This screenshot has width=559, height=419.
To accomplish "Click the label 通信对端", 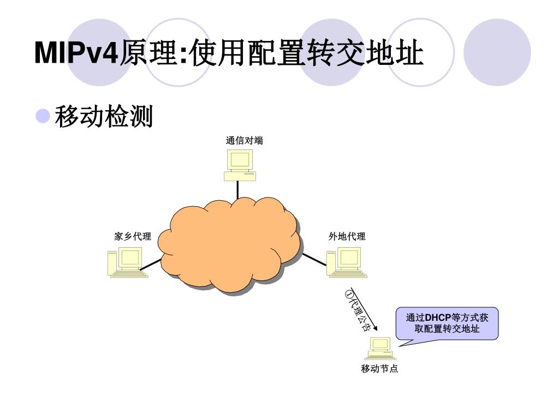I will [244, 141].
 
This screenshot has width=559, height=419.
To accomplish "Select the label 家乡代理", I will [133, 236].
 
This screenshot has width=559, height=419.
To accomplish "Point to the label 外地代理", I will [347, 236].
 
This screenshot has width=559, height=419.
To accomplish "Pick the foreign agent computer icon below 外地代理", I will [347, 262].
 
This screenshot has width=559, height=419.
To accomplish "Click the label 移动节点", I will [379, 369].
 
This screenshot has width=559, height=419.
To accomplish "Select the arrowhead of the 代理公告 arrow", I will [374, 329].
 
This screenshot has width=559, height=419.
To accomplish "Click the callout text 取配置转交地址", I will [447, 329].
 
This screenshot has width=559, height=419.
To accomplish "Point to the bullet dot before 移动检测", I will [43, 116].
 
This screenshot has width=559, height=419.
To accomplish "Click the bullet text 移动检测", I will [104, 116].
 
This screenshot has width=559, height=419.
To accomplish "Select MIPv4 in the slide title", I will [76, 53].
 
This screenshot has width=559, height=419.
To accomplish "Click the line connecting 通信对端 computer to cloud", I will [238, 189].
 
